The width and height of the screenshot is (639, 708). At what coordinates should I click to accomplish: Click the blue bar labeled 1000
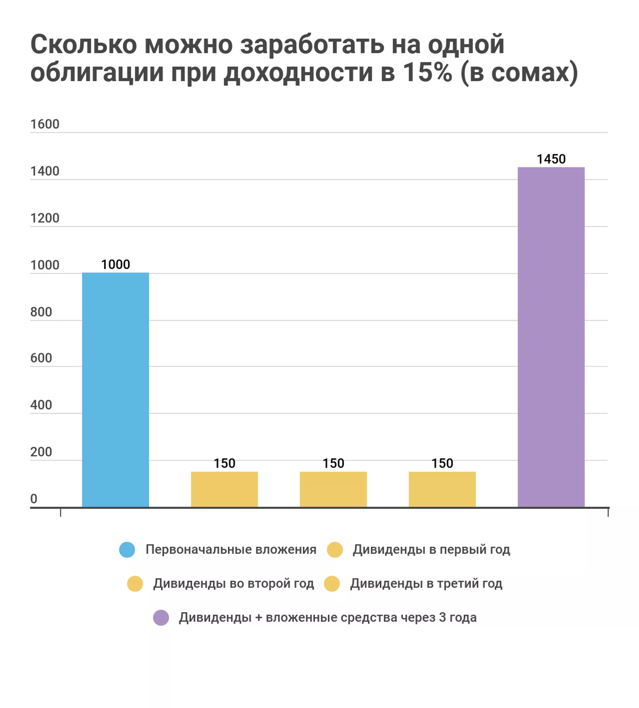[x=115, y=390]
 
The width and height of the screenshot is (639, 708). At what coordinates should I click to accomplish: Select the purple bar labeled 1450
[x=551, y=337]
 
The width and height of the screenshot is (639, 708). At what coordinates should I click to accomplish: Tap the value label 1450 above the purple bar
[x=551, y=159]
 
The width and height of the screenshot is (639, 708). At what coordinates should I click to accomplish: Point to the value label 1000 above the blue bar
[x=115, y=264]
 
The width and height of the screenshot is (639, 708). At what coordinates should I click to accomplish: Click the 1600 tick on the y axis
[x=45, y=124]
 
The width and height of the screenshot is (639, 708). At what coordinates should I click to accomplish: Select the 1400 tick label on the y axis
[x=45, y=171]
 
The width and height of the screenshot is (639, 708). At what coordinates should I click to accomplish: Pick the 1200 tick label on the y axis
[x=45, y=218]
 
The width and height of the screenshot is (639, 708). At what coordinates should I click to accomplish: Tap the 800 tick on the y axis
[x=41, y=312]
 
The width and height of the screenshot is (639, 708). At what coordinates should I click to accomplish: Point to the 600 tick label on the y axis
[x=41, y=358]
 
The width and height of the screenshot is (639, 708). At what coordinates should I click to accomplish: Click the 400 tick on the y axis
[x=41, y=405]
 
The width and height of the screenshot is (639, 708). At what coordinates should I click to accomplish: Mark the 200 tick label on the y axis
[x=41, y=452]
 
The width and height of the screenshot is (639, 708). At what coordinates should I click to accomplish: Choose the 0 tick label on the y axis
[x=34, y=499]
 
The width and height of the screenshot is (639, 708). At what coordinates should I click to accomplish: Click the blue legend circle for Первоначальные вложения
[x=127, y=550]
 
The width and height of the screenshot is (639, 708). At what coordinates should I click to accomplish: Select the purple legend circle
[x=161, y=617]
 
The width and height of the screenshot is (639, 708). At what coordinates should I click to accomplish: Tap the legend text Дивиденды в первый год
[x=431, y=550]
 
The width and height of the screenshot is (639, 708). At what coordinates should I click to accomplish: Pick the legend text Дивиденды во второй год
[x=234, y=584]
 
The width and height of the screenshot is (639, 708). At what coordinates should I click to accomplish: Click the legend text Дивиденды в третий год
[x=426, y=584]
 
